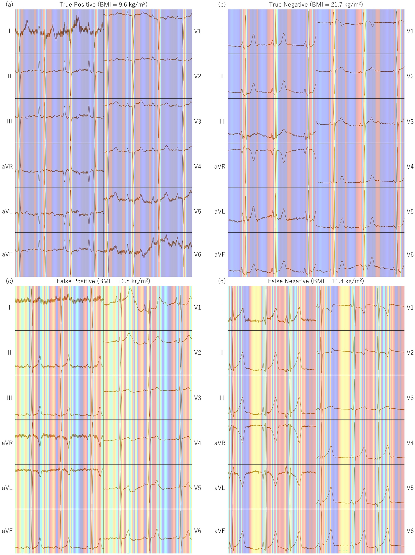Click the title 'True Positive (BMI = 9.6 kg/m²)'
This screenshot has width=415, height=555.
[x=103, y=5]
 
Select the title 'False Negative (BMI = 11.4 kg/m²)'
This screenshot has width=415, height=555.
[x=316, y=281]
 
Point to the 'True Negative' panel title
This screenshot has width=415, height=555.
[x=316, y=5]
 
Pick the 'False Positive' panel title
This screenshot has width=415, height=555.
[x=103, y=281]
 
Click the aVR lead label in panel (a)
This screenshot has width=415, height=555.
[x=7, y=167]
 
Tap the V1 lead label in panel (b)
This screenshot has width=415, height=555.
[x=410, y=31]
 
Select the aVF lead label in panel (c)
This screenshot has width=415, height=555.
[x=7, y=531]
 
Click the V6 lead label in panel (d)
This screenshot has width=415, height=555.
[x=410, y=531]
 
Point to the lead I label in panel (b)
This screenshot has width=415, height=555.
[x=222, y=31]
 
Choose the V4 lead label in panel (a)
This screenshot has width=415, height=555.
[x=197, y=167]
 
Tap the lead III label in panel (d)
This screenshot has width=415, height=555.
[x=222, y=398]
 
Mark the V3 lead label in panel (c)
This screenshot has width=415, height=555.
[x=197, y=398]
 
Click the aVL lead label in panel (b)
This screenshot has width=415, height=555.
[x=220, y=212]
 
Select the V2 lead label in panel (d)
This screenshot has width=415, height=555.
[x=410, y=353]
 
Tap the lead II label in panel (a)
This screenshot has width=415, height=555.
[x=9, y=76]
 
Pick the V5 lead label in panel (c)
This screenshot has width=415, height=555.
[x=197, y=488]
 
